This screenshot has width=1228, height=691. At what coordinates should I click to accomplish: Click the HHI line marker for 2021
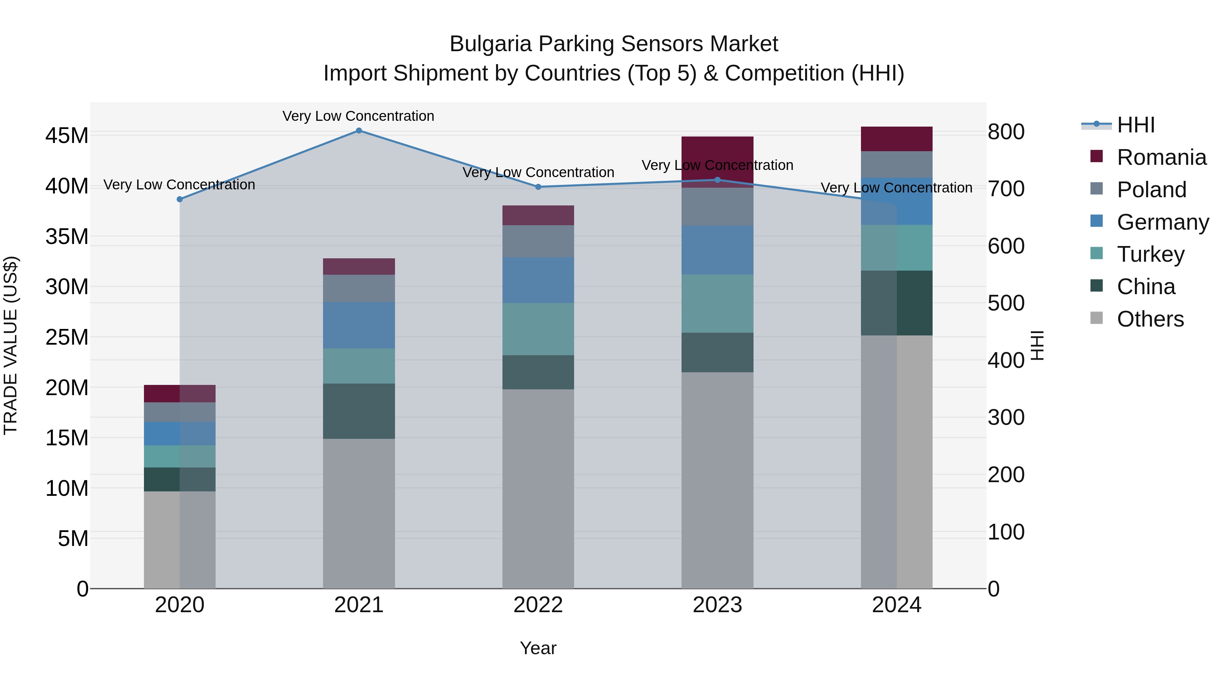click(359, 131)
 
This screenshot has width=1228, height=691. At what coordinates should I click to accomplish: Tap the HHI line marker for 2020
click(180, 199)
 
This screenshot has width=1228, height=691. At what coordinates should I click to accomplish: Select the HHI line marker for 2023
click(717, 180)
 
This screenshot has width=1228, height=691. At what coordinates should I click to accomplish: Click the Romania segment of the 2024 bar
click(897, 139)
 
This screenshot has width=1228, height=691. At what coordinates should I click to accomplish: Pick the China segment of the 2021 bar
click(359, 411)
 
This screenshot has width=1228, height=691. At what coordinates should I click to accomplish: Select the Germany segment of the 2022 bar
click(538, 280)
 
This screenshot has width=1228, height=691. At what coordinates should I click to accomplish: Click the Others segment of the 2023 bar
click(717, 480)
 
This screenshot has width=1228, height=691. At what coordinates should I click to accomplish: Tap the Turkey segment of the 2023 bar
click(717, 303)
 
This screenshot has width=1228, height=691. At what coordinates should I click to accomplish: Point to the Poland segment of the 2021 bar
click(359, 288)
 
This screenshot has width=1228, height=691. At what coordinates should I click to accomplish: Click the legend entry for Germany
click(1162, 222)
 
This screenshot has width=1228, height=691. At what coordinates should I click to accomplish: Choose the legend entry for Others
click(1150, 319)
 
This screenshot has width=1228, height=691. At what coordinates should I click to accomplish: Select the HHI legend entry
click(1136, 125)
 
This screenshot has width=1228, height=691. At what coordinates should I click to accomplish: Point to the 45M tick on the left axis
click(67, 136)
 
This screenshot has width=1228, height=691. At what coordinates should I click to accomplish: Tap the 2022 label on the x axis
click(538, 605)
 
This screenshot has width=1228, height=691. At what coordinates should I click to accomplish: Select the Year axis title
click(538, 648)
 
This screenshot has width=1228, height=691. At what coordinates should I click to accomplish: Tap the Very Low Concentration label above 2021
click(359, 116)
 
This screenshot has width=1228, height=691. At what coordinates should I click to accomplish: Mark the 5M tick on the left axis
click(73, 538)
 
